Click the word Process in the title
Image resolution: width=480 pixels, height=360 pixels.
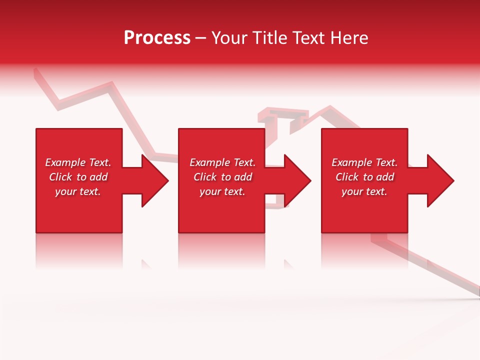[157, 38]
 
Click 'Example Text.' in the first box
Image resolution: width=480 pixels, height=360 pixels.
[78, 162]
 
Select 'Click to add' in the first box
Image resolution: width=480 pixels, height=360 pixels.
[78, 177]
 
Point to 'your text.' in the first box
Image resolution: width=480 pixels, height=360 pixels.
[78, 191]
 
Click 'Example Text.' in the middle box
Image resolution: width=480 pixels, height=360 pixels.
[222, 162]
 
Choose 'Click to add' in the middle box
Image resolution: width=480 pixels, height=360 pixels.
[222, 177]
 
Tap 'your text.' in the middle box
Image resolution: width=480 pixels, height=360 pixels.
[222, 191]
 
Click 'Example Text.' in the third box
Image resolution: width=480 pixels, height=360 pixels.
[364, 162]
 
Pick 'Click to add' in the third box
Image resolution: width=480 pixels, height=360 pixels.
[364, 177]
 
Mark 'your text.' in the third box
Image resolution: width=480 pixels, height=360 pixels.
[364, 191]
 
